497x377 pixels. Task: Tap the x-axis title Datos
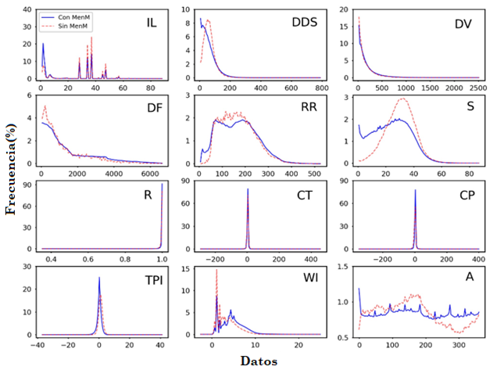click(x=259, y=362)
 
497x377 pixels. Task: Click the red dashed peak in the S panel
click(x=403, y=99)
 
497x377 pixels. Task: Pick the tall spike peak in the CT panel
click(x=248, y=188)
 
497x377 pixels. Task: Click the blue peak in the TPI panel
click(x=99, y=278)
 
